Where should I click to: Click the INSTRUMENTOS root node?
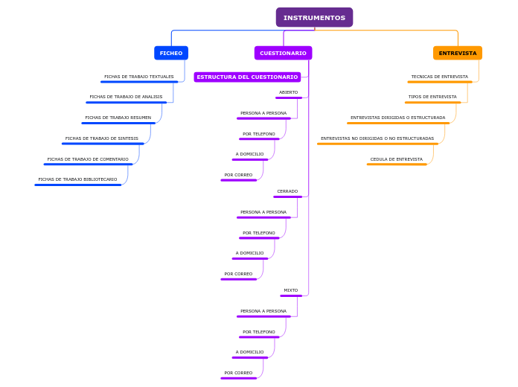click(x=314, y=17)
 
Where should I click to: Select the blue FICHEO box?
click(x=171, y=53)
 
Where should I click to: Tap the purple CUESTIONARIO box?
click(x=283, y=53)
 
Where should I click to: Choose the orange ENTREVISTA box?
click(x=457, y=53)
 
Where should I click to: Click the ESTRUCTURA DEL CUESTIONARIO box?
click(x=247, y=77)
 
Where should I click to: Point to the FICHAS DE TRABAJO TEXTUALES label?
click(x=139, y=77)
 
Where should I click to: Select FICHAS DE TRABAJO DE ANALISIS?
click(x=126, y=97)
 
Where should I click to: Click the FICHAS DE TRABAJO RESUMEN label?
click(x=118, y=118)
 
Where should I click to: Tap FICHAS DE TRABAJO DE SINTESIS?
click(x=102, y=138)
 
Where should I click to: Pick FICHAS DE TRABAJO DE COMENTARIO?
click(x=88, y=159)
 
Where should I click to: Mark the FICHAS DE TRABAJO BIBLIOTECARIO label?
click(x=77, y=179)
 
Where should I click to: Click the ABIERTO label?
click(x=288, y=92)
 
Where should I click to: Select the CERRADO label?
click(x=287, y=191)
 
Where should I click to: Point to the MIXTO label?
click(x=290, y=290)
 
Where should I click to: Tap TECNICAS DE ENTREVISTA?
click(x=440, y=77)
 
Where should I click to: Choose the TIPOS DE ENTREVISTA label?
click(x=432, y=97)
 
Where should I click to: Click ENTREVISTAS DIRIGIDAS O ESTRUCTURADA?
click(x=398, y=118)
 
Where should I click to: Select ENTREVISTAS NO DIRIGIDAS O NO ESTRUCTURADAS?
click(x=377, y=138)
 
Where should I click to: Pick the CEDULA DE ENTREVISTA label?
click(x=397, y=159)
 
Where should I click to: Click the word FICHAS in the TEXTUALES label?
click(x=112, y=77)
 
